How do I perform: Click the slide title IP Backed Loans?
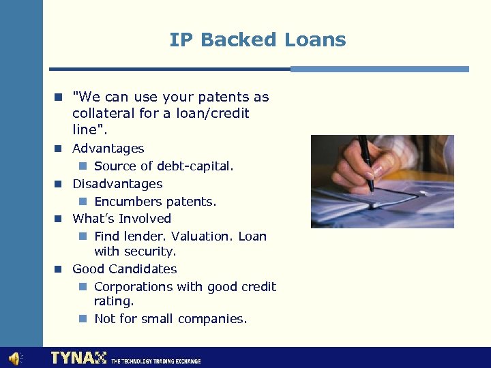click(258, 40)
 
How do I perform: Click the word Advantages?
click(108, 148)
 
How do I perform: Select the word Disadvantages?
click(117, 183)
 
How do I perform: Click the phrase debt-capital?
click(194, 166)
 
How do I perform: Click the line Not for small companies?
click(170, 318)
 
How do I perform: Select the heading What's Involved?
click(121, 218)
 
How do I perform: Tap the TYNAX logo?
click(78, 358)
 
